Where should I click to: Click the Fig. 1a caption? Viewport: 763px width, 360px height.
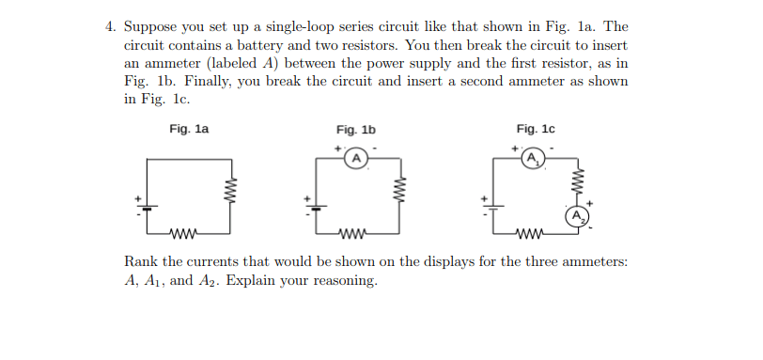click(189, 129)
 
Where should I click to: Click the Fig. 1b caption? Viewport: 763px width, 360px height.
click(356, 130)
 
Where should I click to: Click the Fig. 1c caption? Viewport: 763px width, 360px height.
click(536, 129)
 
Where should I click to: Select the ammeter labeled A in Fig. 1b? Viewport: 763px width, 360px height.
click(357, 159)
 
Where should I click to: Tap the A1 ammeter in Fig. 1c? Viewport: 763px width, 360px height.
click(534, 159)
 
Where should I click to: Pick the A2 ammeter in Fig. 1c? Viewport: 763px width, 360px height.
click(577, 216)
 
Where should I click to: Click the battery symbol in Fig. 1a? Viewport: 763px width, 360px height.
click(147, 207)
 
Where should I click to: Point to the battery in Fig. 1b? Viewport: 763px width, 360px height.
click(317, 207)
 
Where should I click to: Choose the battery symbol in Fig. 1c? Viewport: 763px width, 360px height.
click(493, 207)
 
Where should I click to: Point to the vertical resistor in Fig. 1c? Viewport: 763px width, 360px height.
click(578, 181)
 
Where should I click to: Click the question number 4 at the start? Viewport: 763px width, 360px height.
click(110, 26)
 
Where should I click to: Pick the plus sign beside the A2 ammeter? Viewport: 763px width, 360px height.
click(589, 203)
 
